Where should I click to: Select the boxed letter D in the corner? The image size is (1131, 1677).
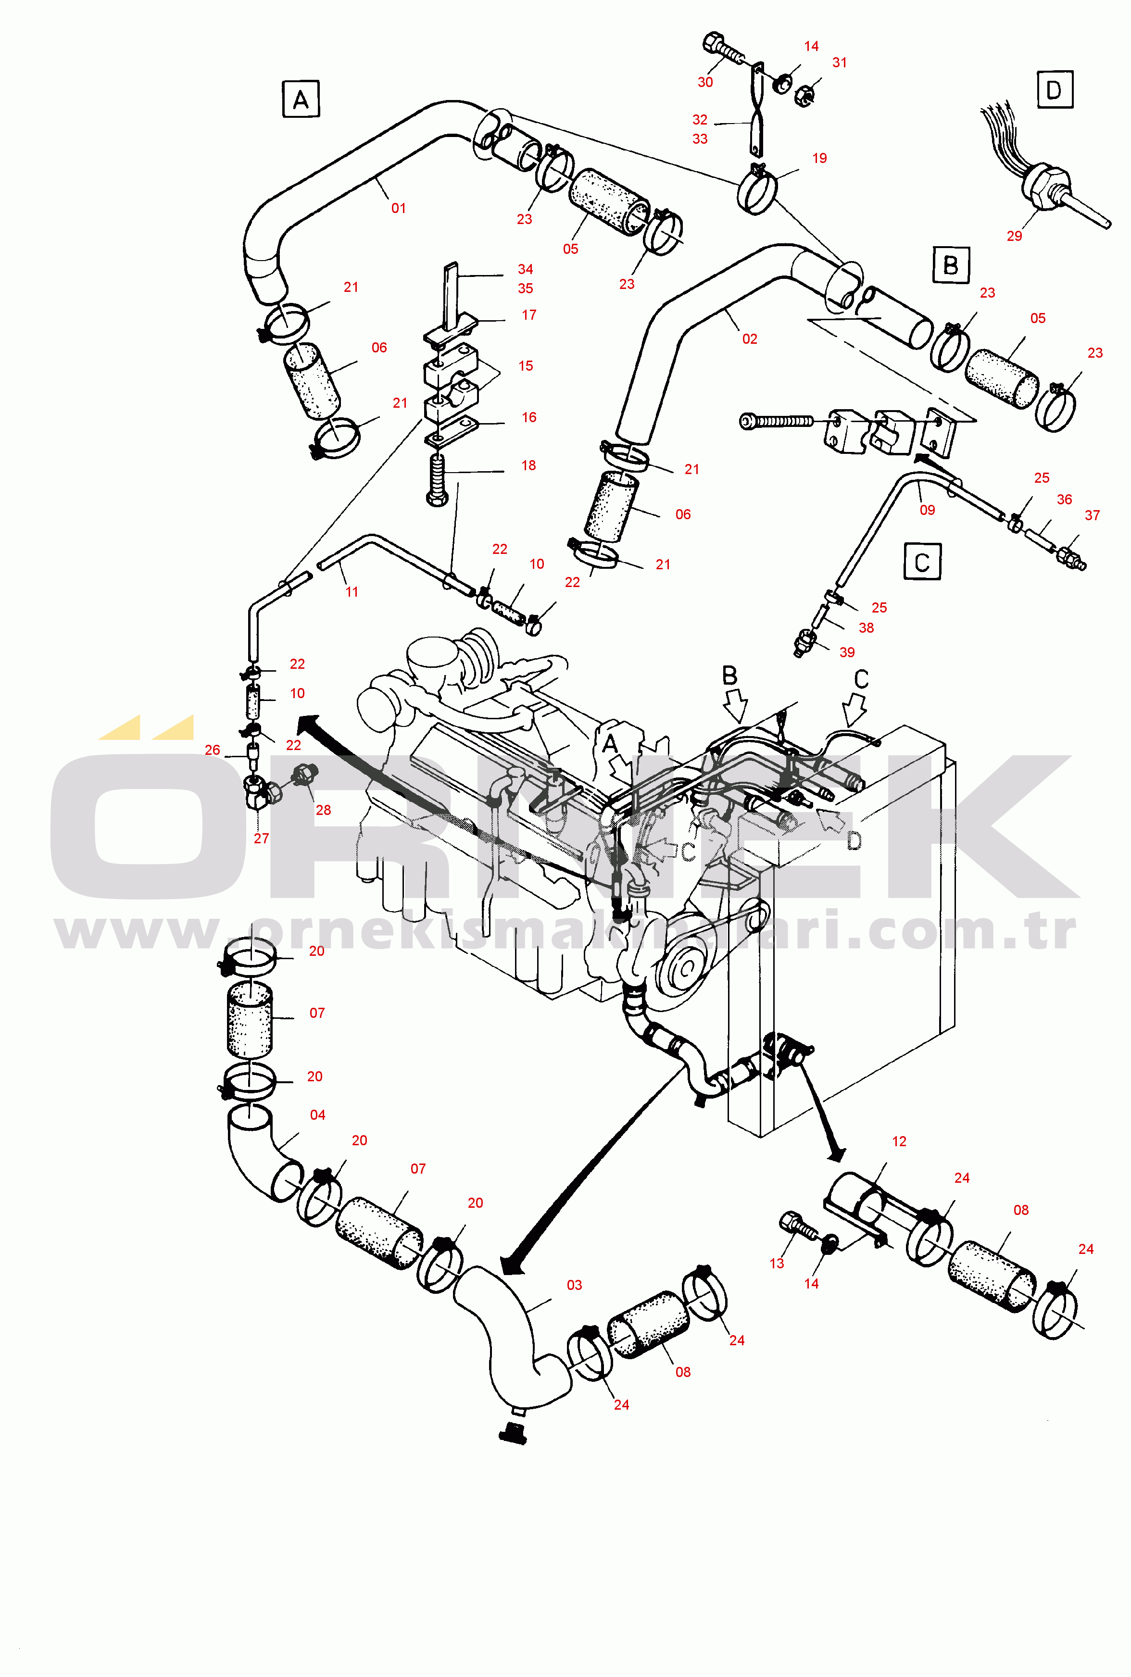1055,89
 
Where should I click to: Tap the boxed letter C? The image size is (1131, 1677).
922,562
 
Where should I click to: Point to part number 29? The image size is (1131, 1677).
1014,236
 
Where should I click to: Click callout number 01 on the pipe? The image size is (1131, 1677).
398,208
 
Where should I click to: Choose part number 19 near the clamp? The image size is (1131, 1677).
819,158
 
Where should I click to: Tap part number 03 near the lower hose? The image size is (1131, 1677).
574,1285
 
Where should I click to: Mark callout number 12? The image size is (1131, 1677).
899,1141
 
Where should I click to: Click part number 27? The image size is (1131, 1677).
261,838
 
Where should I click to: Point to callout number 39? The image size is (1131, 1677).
847,652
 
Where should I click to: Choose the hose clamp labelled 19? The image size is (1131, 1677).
757,189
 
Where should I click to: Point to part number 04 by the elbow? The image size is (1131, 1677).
317,1114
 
